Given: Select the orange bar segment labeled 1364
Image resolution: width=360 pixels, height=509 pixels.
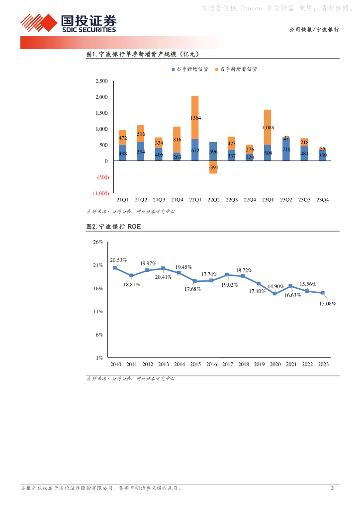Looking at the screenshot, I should point(195,117).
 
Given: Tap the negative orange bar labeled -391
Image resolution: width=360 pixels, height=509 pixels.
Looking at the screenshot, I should point(213,167).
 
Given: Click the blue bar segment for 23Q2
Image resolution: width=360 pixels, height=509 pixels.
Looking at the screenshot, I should point(285,150).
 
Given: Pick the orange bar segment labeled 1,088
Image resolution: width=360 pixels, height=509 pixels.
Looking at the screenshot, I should point(268,127).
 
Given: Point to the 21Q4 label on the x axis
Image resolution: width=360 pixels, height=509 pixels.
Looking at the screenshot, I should point(177,199).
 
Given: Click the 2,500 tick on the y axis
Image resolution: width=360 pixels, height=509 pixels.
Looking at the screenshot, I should point(101,81).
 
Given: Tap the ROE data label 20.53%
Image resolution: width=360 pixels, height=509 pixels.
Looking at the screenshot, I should point(118,260).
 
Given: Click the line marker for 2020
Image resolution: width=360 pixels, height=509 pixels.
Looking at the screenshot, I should point(274,293).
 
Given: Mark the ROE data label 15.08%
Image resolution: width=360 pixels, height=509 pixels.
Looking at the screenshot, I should point(327,303).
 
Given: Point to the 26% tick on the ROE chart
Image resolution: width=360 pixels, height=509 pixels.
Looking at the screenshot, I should point(98,242).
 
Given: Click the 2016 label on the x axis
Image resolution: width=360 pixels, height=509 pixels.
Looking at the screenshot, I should point(211,364).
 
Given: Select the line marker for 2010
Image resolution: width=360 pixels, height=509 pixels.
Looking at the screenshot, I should point(115,268).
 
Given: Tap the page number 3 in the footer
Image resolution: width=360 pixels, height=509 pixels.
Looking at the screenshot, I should point(332,488).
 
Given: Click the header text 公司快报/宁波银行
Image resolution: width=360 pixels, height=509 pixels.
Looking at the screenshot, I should point(314,30).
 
